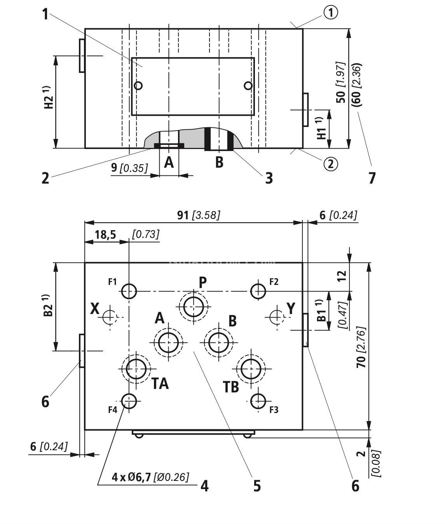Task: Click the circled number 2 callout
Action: point(330,164)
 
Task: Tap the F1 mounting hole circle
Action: point(129,291)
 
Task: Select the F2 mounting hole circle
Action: point(258,291)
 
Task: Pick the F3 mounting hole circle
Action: point(258,401)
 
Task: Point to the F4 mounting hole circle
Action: point(129,401)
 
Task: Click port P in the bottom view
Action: point(193,307)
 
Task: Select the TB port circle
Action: point(251,369)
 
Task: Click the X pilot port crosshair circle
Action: point(110,317)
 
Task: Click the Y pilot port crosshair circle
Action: point(277,316)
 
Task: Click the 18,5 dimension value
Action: point(105,234)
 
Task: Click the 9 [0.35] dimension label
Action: point(129,168)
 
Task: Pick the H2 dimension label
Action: point(48,99)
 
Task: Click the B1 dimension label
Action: point(321,311)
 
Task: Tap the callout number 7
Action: point(372,178)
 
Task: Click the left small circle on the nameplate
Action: point(138,86)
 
